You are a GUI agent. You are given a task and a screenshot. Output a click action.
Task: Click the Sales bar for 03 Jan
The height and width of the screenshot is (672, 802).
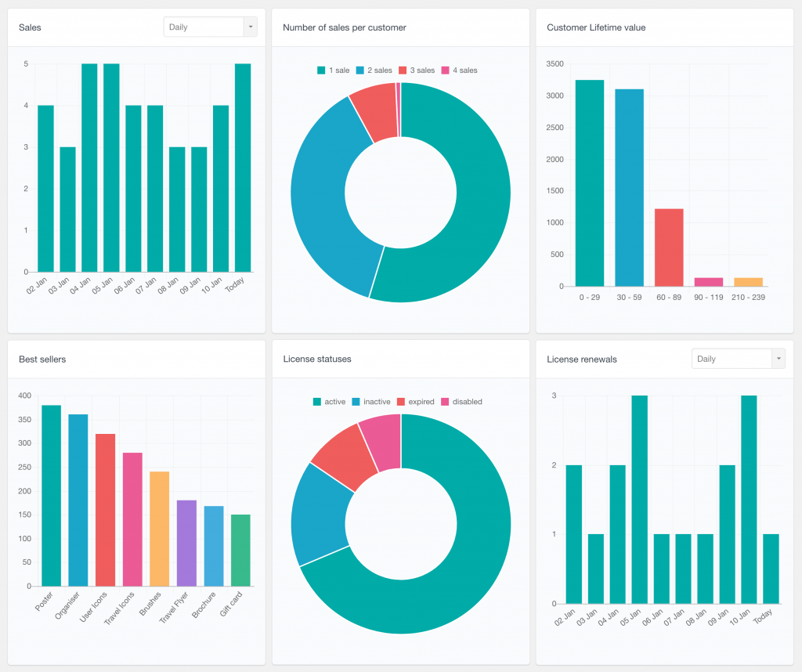(67, 209)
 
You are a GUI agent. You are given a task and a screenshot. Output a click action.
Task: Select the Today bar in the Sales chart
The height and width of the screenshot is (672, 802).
(243, 168)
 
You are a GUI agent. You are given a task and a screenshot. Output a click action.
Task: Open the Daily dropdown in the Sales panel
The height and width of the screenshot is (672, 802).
(210, 27)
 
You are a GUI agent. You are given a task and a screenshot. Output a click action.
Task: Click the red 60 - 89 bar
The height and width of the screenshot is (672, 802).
(669, 247)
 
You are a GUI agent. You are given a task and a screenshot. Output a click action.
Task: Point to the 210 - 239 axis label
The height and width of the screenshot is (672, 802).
(748, 298)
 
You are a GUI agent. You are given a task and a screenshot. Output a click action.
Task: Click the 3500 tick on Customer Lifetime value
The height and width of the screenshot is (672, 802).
(555, 63)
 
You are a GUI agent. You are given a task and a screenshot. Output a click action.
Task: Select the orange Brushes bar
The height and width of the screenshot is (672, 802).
(159, 529)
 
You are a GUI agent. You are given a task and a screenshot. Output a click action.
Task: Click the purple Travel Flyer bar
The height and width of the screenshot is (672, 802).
(186, 543)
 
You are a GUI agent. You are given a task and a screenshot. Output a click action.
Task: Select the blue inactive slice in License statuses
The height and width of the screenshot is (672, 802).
(320, 513)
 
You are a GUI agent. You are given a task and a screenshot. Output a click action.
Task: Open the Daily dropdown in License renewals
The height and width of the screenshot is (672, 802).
(738, 359)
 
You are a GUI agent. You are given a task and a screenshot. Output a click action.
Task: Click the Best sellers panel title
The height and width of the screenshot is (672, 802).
(42, 359)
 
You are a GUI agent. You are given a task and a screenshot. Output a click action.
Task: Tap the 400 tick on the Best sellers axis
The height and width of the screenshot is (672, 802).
(24, 396)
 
